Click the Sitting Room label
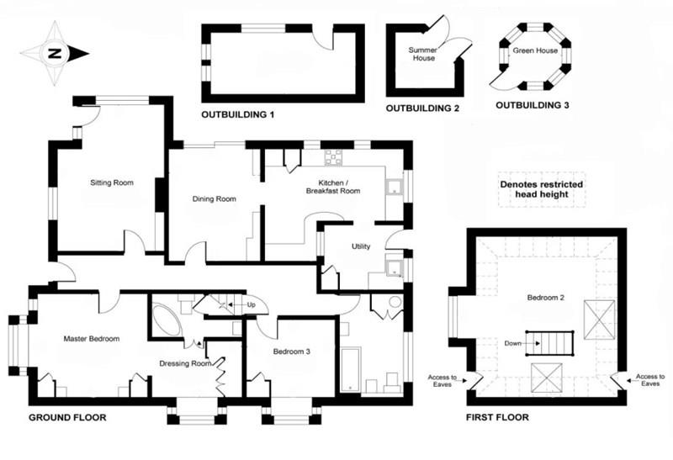click(112, 182)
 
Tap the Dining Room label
click(214, 199)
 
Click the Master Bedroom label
click(92, 339)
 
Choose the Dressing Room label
click(184, 364)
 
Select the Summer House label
click(423, 55)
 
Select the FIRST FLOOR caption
click(498, 418)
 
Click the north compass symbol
click(55, 53)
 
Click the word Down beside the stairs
click(511, 343)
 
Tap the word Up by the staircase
click(250, 304)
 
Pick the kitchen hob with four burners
click(333, 156)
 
